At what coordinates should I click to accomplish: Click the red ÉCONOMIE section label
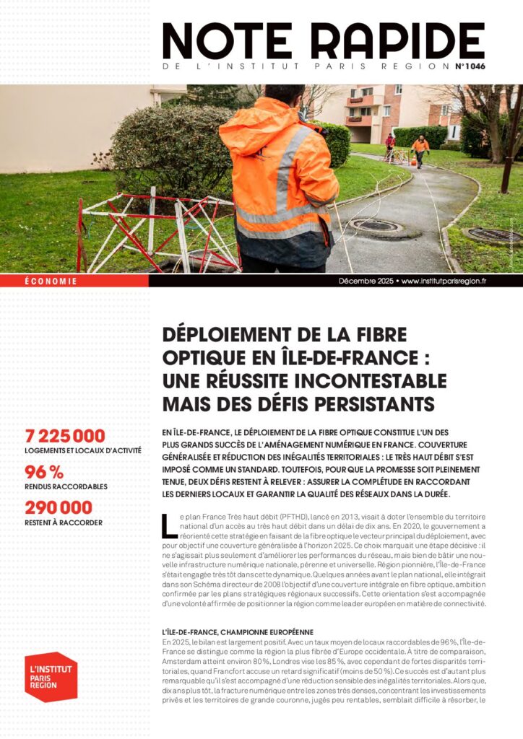click(51, 281)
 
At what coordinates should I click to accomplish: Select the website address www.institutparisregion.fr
click(444, 281)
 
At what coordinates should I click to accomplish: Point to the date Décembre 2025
click(366, 281)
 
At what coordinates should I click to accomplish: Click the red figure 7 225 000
click(65, 435)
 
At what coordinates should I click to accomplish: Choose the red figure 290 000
click(59, 507)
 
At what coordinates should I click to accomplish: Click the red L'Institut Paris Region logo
click(51, 676)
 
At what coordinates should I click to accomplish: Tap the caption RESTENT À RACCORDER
click(64, 522)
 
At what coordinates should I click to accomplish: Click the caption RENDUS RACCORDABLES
click(66, 487)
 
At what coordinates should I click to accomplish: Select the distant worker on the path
click(420, 150)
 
